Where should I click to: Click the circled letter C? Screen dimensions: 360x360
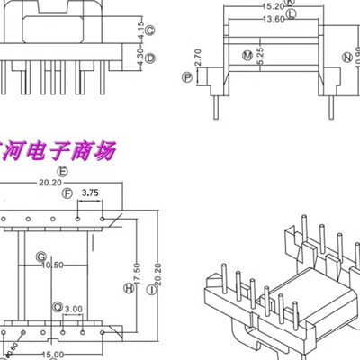150,33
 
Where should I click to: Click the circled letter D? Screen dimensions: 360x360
150,58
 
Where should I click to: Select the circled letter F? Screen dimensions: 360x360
67,193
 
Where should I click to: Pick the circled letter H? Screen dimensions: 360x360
129,288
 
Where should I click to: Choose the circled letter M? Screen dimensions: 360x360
247,56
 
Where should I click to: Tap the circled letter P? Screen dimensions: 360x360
187,78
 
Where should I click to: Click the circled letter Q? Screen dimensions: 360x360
58,307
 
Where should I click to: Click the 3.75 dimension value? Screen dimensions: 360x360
91,193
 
